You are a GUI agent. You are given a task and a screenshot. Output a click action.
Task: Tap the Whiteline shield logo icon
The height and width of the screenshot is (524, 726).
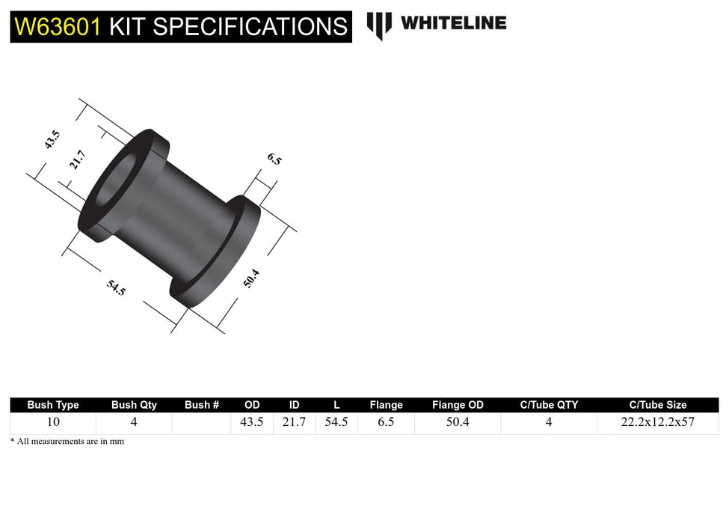[379, 25]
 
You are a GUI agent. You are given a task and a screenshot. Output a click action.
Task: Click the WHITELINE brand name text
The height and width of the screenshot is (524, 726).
[453, 23]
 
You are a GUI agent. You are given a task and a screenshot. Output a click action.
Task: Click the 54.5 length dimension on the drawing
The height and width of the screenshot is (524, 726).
[117, 287]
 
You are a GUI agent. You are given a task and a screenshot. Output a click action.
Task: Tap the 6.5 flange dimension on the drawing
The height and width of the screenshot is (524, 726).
[274, 159]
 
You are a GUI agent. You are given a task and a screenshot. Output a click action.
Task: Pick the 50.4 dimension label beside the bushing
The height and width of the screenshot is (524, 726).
[253, 280]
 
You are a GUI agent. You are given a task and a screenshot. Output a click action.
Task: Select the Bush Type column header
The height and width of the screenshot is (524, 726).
[53, 405]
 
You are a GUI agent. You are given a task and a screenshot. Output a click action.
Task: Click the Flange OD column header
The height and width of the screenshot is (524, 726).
[458, 405]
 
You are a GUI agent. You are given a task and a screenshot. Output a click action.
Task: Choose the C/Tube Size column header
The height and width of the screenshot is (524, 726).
[657, 405]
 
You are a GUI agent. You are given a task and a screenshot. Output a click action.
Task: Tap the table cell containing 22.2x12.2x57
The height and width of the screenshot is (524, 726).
[657, 422]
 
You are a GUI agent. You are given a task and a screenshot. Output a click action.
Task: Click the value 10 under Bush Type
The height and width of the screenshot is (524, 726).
[53, 422]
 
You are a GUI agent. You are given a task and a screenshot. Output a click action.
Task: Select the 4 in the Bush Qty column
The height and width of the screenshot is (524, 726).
[134, 422]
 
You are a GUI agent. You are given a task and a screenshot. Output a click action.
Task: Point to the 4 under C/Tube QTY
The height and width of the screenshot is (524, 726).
[549, 422]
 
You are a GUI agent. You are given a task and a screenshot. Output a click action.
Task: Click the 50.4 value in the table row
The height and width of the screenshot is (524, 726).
[458, 422]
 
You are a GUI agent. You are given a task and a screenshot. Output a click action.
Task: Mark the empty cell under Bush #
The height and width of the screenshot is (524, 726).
[201, 422]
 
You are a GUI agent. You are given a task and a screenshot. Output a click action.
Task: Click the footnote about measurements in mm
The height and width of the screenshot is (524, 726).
[67, 442]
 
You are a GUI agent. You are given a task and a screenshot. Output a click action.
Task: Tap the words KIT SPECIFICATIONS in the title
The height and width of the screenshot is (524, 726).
[228, 27]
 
